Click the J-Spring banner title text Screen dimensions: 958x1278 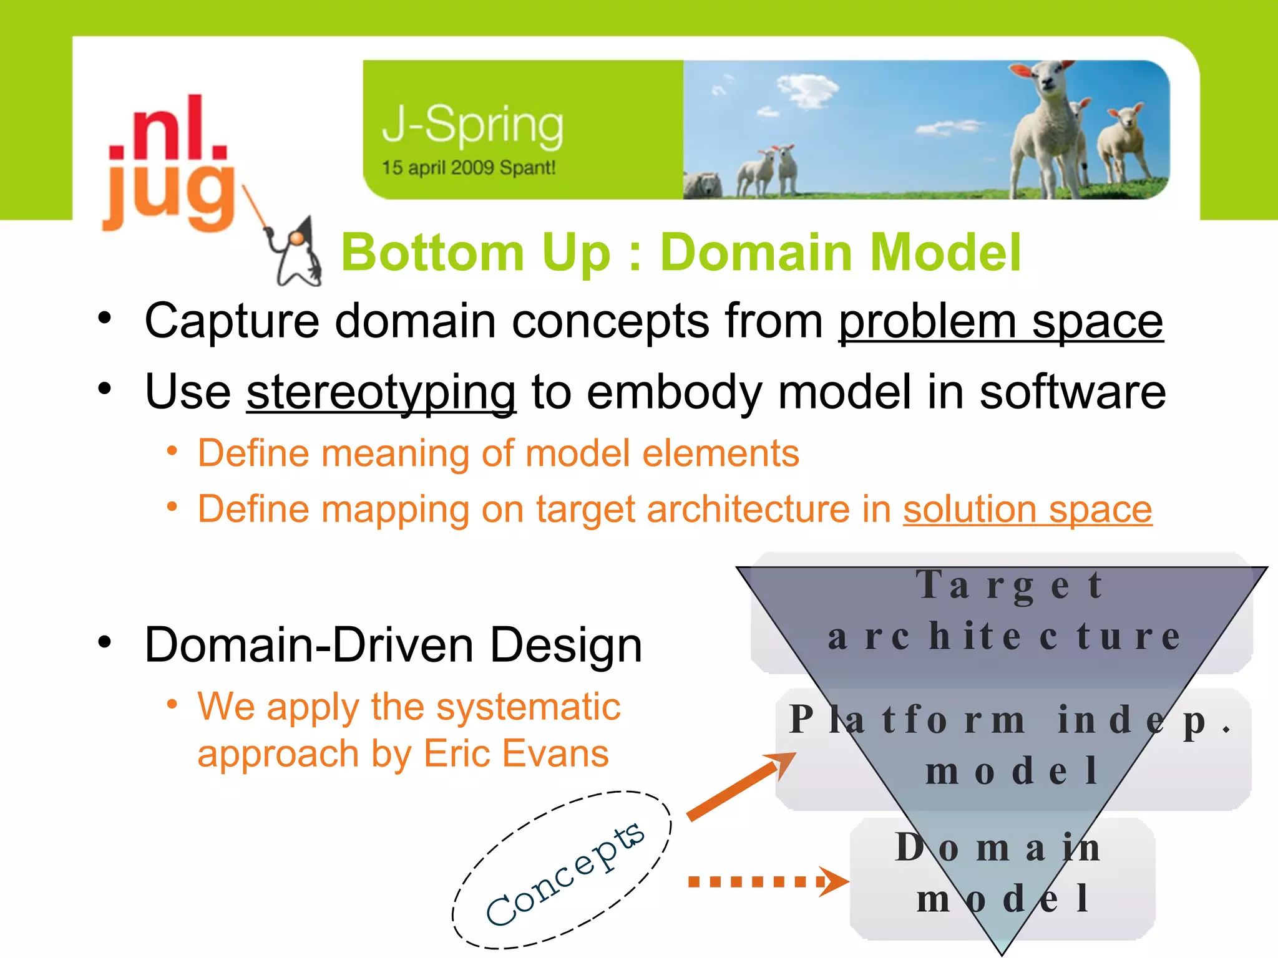(472, 125)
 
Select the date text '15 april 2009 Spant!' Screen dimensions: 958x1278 (468, 168)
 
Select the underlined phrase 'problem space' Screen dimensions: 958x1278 (1000, 321)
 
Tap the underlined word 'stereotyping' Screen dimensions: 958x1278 (381, 392)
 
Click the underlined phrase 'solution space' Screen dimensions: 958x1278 (1027, 509)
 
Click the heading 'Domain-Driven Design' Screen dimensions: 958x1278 (393, 645)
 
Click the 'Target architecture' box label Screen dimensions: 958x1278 (1005, 611)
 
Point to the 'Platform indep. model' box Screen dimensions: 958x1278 (1011, 745)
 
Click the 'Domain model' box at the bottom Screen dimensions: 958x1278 (1002, 873)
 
